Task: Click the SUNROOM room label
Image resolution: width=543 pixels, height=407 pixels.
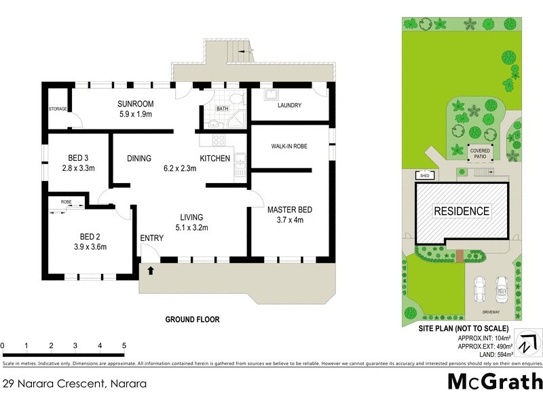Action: [136, 104]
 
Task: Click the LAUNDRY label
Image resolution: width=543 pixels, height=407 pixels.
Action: [290, 105]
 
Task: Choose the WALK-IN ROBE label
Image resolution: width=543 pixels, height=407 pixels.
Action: [290, 146]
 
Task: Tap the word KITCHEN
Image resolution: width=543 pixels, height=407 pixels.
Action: [214, 159]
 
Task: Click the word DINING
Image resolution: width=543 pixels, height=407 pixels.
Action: [138, 159]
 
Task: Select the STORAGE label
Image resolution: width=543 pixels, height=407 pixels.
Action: [58, 109]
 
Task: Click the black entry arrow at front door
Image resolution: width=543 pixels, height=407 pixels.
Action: [150, 271]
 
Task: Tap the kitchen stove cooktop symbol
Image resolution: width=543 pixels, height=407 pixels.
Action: [219, 140]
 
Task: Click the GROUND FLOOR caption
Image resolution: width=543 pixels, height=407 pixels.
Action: [193, 319]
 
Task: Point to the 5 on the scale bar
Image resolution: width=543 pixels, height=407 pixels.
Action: [124, 346]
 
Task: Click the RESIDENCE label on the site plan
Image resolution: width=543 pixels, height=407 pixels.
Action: [462, 211]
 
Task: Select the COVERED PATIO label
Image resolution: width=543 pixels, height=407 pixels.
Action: [480, 153]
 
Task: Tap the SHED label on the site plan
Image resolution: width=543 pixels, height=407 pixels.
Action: [426, 176]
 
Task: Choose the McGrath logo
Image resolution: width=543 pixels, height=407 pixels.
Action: [495, 382]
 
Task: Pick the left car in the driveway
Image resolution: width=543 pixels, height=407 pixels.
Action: [480, 290]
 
